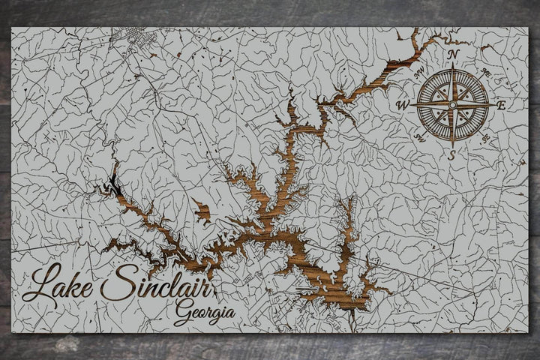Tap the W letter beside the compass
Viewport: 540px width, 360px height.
[x=402, y=106]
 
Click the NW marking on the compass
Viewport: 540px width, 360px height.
[x=418, y=73]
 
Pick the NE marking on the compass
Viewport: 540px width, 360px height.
[x=485, y=73]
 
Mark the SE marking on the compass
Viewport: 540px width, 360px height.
[x=485, y=138]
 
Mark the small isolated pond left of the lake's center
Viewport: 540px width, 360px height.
[x=201, y=209]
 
